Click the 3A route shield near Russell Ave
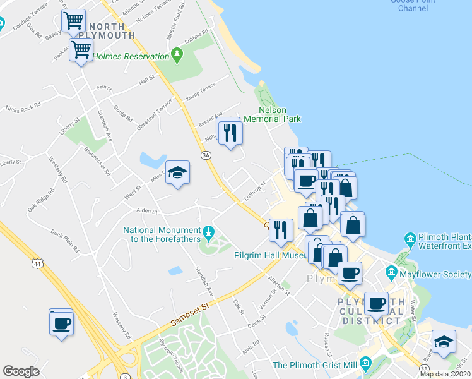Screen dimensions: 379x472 205,155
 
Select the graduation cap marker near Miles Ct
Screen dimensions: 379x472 177,173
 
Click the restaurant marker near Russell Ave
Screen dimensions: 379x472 230,132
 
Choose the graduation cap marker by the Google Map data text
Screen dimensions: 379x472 444,342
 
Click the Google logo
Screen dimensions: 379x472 21,371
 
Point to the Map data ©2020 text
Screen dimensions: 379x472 445,374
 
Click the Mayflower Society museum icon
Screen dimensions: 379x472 391,274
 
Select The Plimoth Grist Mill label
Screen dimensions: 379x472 314,365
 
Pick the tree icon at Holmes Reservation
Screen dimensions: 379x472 177,56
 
